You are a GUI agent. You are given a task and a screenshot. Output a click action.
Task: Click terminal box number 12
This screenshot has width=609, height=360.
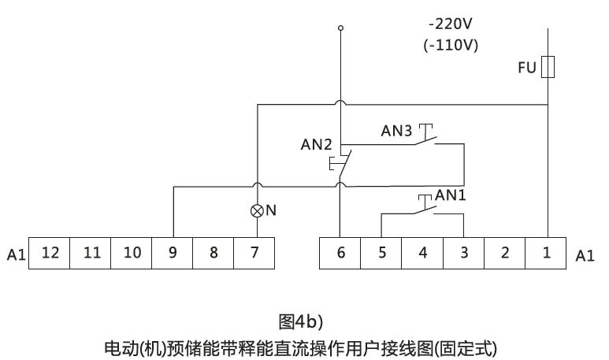coord(50,253)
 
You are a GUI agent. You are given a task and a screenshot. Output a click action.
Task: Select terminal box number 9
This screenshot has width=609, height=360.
coord(173,253)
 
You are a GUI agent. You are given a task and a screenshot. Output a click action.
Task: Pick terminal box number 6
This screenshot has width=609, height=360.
coord(340,253)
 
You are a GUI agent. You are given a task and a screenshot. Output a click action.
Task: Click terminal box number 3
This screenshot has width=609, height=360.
coord(463,253)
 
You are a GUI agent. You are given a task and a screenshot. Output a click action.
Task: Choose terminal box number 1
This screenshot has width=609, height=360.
coord(547,253)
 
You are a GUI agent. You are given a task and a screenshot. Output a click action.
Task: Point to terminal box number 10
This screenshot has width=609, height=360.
coord(132,253)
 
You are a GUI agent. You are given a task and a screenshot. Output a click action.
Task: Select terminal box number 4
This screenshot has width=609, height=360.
coord(422,253)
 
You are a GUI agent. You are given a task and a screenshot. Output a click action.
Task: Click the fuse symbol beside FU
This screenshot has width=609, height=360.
coord(548,68)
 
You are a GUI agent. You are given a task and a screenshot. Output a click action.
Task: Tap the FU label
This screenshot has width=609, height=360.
coord(526,69)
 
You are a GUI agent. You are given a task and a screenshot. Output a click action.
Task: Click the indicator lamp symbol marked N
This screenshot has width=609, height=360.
coord(257,210)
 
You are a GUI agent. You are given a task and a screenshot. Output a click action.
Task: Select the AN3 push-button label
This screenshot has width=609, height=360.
coord(397,132)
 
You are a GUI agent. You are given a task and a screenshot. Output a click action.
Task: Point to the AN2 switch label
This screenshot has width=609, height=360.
coord(317,145)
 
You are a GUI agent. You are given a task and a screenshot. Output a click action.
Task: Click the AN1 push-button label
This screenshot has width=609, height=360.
coord(451,193)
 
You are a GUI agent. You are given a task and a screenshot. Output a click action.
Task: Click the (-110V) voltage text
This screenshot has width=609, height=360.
coord(450,44)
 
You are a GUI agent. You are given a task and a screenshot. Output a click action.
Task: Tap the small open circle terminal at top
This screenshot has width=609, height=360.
coord(340,28)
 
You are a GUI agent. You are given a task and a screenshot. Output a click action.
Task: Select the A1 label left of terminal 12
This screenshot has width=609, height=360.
coord(17,254)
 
